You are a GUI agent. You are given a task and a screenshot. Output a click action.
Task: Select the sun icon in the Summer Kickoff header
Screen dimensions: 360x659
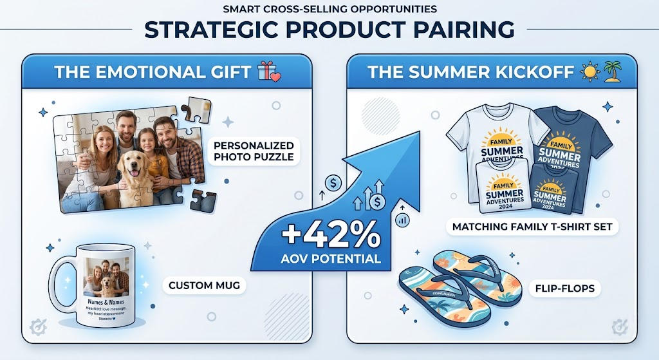point(590,71)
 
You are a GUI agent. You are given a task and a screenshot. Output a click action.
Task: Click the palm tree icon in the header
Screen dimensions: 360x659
point(612,71)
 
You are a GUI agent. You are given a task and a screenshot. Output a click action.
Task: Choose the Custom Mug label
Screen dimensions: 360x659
point(203,285)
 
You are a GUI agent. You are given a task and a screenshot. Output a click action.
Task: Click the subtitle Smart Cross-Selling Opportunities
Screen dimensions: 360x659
point(329,9)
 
